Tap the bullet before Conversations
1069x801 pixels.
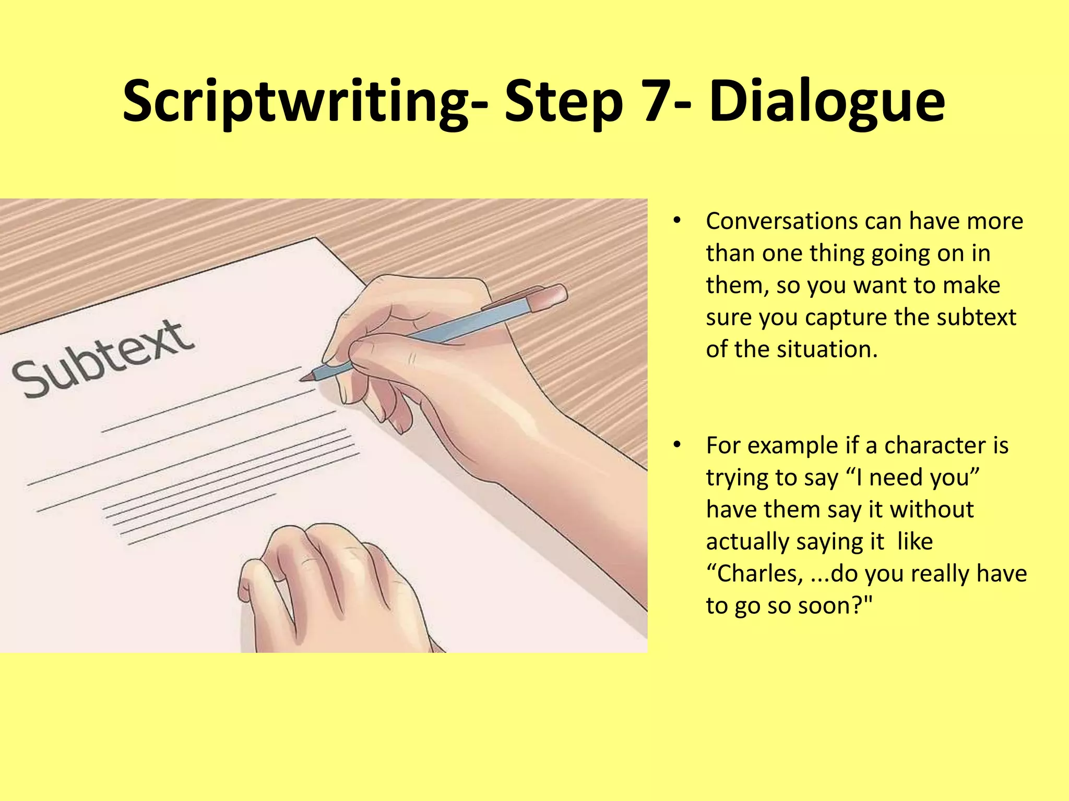point(677,221)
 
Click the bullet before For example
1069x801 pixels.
point(677,445)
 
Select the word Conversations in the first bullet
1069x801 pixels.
point(781,221)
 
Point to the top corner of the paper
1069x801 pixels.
point(315,239)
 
